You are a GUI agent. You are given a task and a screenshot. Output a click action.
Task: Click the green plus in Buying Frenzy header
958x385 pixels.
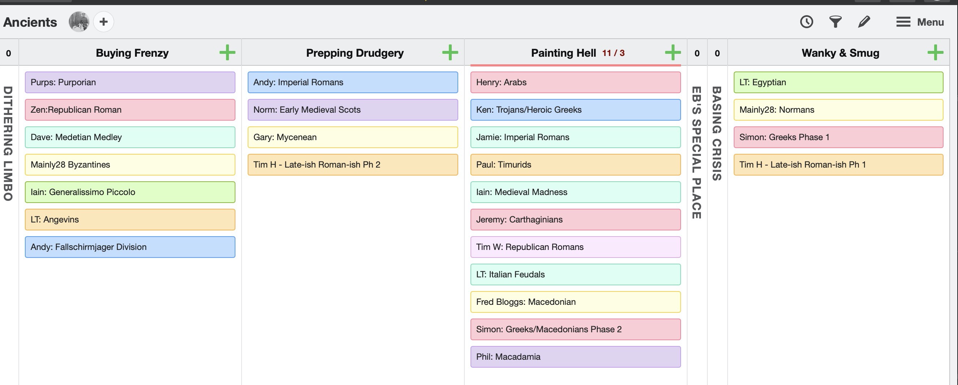coord(227,52)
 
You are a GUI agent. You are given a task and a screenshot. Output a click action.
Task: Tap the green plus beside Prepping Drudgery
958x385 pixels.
coord(450,52)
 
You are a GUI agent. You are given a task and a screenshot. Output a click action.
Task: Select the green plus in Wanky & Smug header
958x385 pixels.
coord(935,52)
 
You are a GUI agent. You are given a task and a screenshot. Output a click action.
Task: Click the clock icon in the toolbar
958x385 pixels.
coord(806,22)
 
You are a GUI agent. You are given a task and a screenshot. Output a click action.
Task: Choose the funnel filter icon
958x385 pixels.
coord(835,22)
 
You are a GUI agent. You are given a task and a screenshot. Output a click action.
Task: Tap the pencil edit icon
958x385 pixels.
coord(864,22)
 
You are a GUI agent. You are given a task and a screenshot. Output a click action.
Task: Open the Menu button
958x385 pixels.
coord(920,22)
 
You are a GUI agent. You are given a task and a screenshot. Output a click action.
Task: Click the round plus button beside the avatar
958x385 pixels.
coord(103,22)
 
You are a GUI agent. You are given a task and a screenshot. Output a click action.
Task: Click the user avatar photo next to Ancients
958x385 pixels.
coord(79,22)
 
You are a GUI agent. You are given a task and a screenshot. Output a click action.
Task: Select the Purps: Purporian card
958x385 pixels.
coord(130,82)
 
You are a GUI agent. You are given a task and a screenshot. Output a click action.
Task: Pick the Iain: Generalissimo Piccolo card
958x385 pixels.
coord(130,192)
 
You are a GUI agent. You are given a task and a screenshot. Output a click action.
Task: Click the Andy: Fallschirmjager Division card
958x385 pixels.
coord(130,247)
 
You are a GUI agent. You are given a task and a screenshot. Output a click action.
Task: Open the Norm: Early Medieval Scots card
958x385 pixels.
coord(353,110)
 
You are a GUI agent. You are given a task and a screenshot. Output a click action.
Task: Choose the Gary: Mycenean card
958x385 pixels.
coord(353,137)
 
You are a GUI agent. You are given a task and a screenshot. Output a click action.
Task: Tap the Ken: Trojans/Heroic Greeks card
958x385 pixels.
coord(576,110)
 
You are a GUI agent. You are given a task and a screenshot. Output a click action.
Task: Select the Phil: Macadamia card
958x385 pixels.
coord(576,357)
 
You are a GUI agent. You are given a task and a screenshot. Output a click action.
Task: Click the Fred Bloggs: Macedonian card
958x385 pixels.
coord(576,302)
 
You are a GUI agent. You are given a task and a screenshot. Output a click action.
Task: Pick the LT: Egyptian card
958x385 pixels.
coord(838,82)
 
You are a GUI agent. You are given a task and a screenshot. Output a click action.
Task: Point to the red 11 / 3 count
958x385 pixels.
coord(613,53)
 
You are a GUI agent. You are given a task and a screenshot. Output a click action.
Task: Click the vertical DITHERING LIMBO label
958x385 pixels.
coord(8,144)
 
